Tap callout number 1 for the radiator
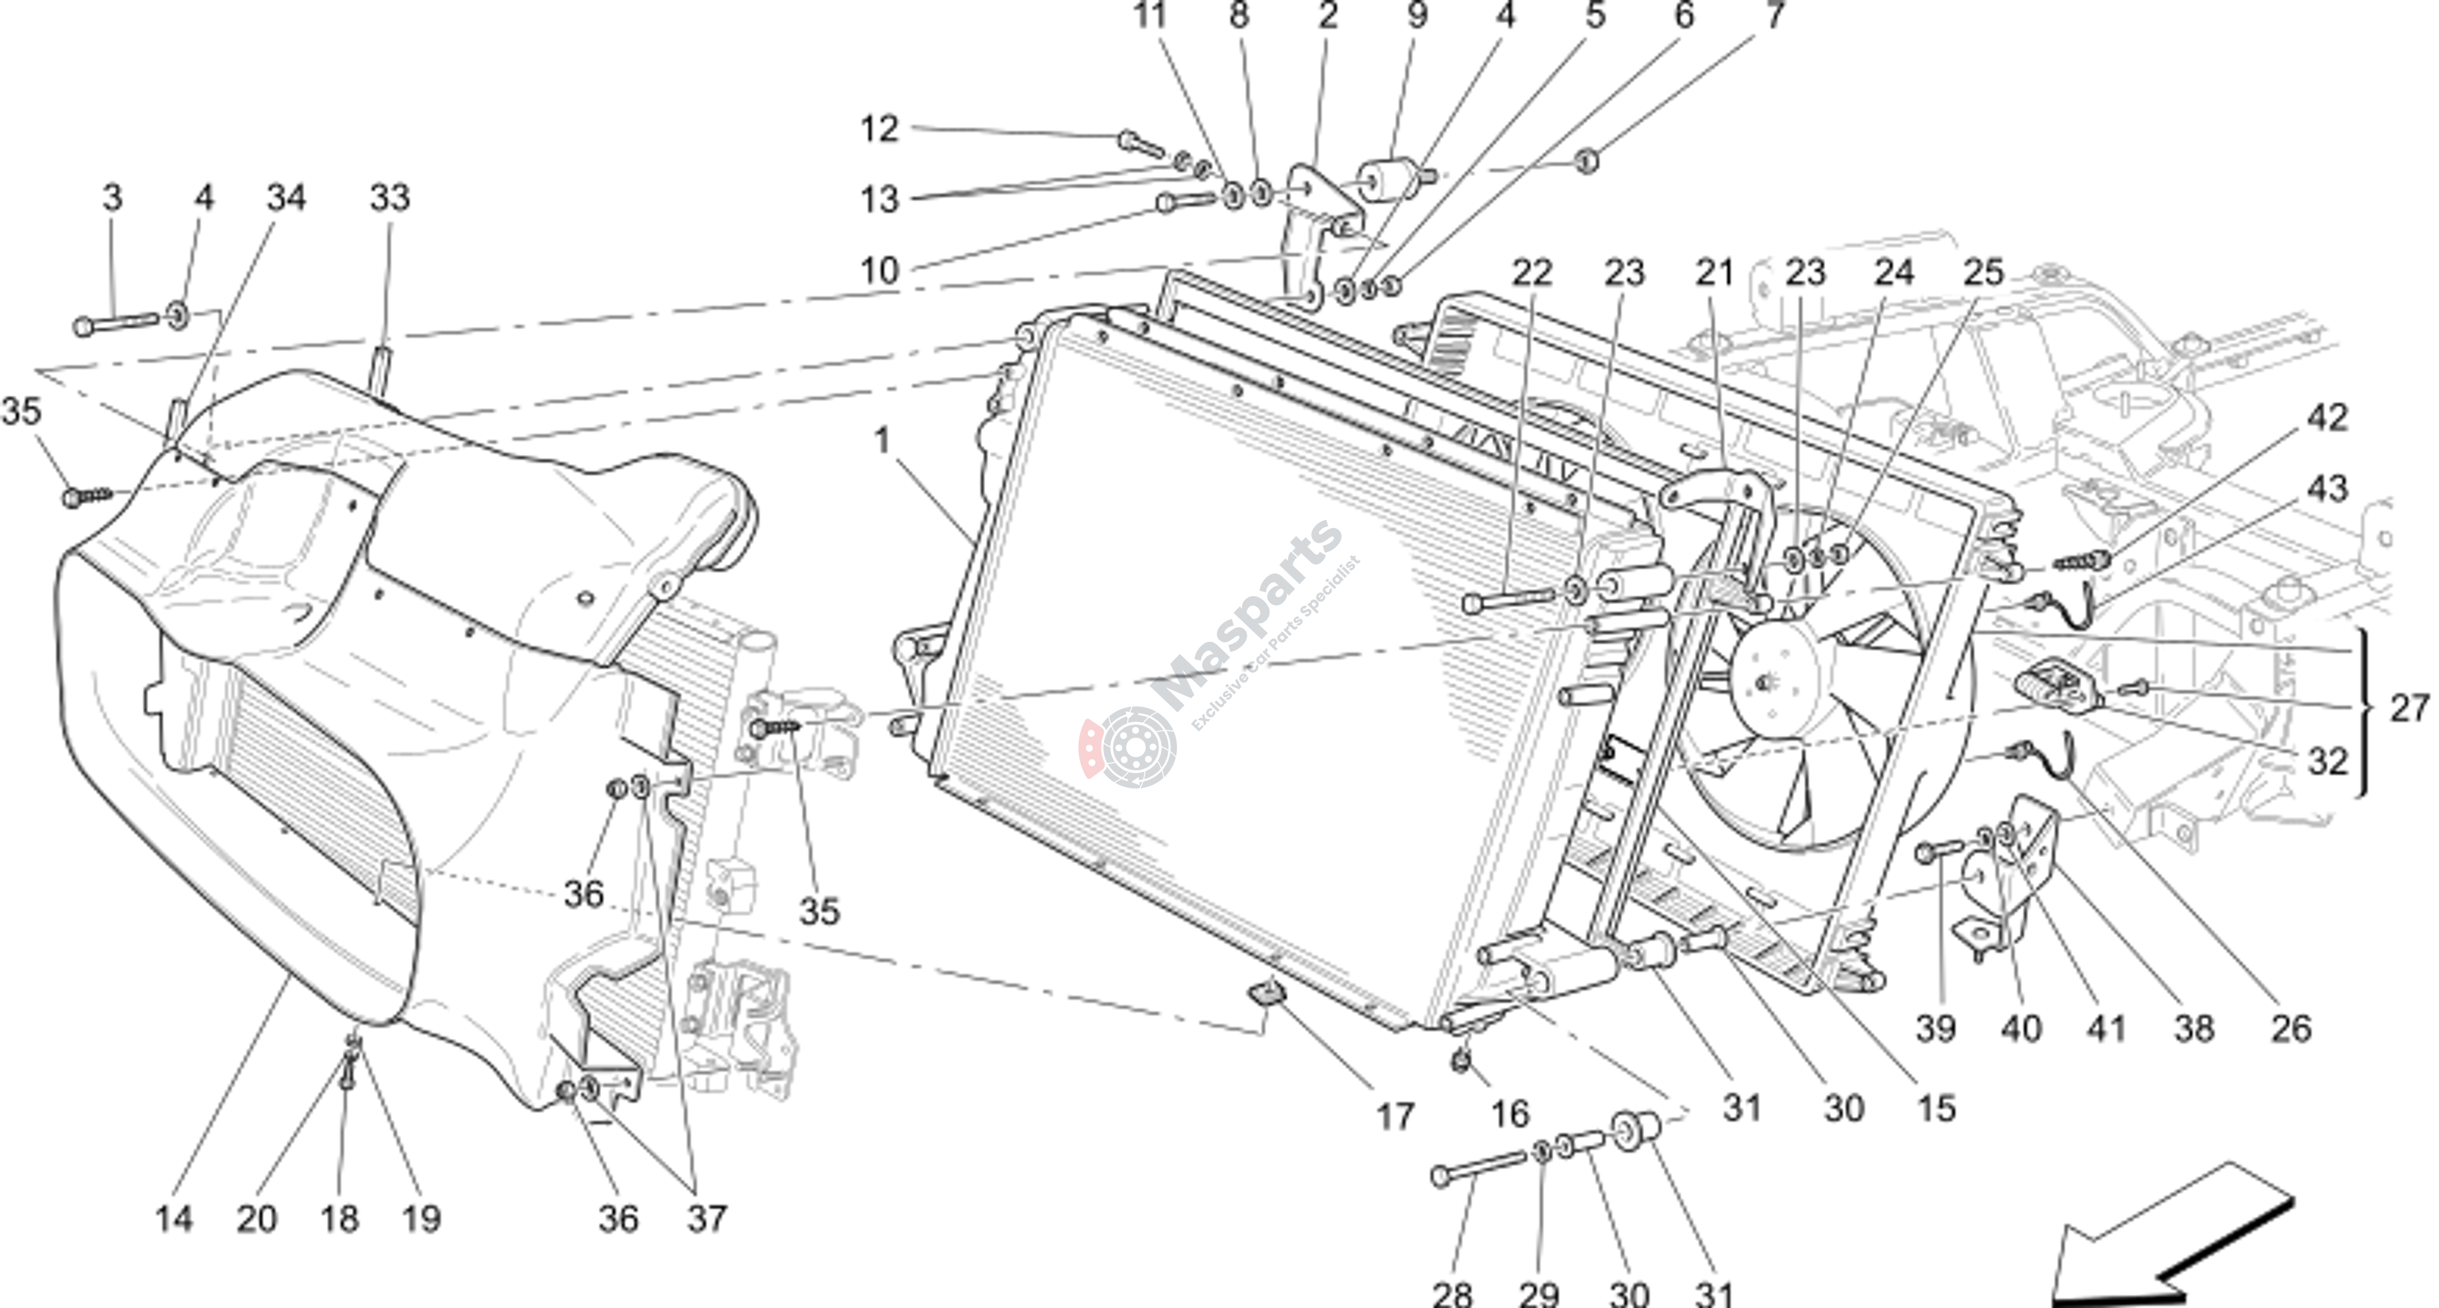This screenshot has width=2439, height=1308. (882, 441)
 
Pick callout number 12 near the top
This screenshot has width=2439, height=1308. (879, 129)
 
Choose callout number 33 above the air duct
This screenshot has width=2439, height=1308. (389, 198)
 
